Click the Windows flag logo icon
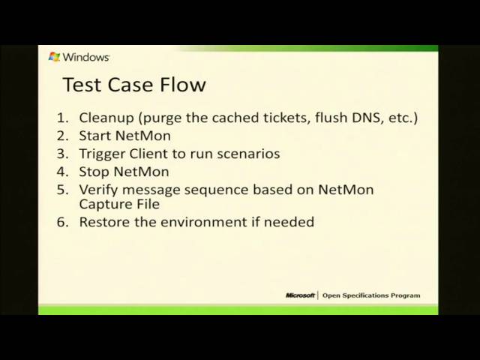click(x=54, y=56)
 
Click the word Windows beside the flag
click(x=86, y=56)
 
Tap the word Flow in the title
click(x=181, y=84)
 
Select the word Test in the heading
click(x=80, y=84)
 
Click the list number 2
click(x=62, y=136)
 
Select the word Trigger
click(x=102, y=154)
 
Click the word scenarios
click(x=246, y=154)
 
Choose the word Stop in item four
click(x=94, y=172)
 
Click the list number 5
click(x=62, y=190)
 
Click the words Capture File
click(x=119, y=204)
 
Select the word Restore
click(x=104, y=222)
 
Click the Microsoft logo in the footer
click(x=300, y=295)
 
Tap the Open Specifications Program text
click(x=371, y=295)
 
